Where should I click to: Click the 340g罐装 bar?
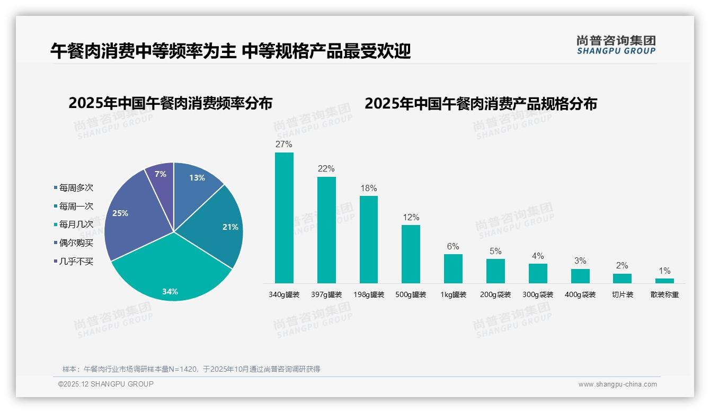[x=284, y=218]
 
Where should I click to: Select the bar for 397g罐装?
[x=326, y=230]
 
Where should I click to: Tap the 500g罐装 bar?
[x=411, y=254]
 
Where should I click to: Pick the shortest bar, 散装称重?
[x=664, y=281]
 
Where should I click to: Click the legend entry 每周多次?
[x=76, y=188]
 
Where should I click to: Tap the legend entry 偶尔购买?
[x=76, y=243]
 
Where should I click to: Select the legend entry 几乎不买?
[x=76, y=261]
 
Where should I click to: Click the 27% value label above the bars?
[x=284, y=144]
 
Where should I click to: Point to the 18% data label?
[x=368, y=188]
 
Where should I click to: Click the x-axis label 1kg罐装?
[x=453, y=294]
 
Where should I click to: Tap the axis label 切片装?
[x=623, y=294]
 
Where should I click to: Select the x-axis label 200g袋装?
[x=495, y=294]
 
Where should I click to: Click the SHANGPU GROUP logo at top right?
[x=616, y=45]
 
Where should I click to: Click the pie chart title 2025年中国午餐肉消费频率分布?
[x=170, y=103]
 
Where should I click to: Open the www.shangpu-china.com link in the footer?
[x=617, y=384]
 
